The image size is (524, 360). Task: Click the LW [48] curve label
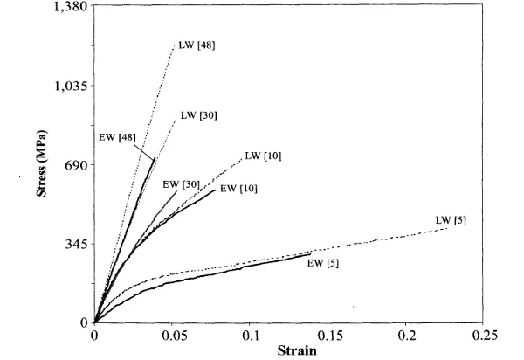coord(196,45)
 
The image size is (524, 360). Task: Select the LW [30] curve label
coord(198,114)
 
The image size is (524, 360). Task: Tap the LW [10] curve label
coord(263,156)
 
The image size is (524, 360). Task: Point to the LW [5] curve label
coord(451,220)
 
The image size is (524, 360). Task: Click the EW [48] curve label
coord(116,136)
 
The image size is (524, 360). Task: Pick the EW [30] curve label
coord(181,183)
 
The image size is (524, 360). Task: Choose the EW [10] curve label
coord(238,188)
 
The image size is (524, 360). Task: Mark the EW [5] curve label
coord(322,263)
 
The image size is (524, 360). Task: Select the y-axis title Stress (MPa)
coord(43,164)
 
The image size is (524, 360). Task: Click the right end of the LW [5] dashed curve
coord(448,228)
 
